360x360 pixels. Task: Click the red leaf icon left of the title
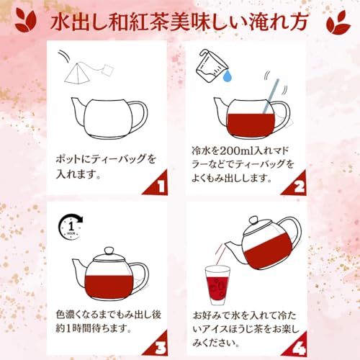pos(26,20)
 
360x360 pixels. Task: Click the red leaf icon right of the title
pos(338,21)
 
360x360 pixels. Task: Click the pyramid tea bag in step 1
pos(74,73)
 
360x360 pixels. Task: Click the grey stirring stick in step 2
pos(271,96)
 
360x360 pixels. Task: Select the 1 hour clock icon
pos(71,227)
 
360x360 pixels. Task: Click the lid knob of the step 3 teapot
pos(109,251)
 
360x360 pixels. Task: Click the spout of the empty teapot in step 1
pos(78,107)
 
